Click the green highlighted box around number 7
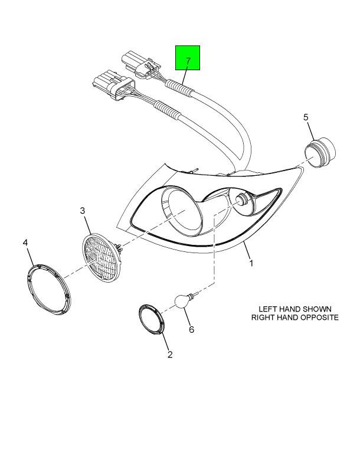(x=188, y=58)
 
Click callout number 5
(x=306, y=117)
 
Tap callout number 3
(x=83, y=211)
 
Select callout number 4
(x=25, y=243)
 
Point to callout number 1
(x=251, y=263)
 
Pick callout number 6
(x=191, y=330)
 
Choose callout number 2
(x=170, y=355)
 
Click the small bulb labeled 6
(x=184, y=300)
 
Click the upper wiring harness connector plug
(x=140, y=65)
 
